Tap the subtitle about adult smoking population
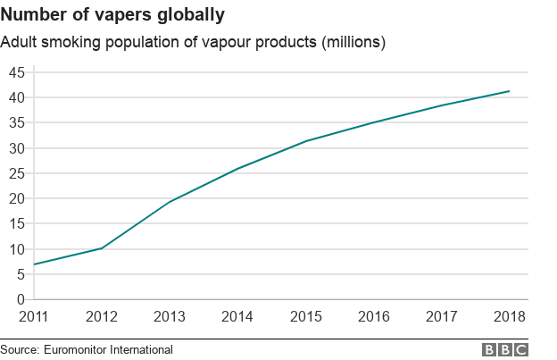[193, 43]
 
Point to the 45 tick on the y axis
[15, 72]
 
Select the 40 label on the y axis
[15, 97]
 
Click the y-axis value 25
[15, 173]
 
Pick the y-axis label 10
[15, 249]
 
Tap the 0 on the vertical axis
[20, 300]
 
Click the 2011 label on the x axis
[34, 317]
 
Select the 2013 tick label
[170, 317]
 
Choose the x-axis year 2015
[305, 317]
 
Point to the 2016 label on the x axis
[373, 317]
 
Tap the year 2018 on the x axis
[509, 317]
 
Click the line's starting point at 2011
[34, 264]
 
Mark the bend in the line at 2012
[102, 247]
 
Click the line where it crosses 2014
[237, 169]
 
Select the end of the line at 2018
[509, 91]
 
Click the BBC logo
[505, 350]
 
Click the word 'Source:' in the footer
[21, 350]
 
